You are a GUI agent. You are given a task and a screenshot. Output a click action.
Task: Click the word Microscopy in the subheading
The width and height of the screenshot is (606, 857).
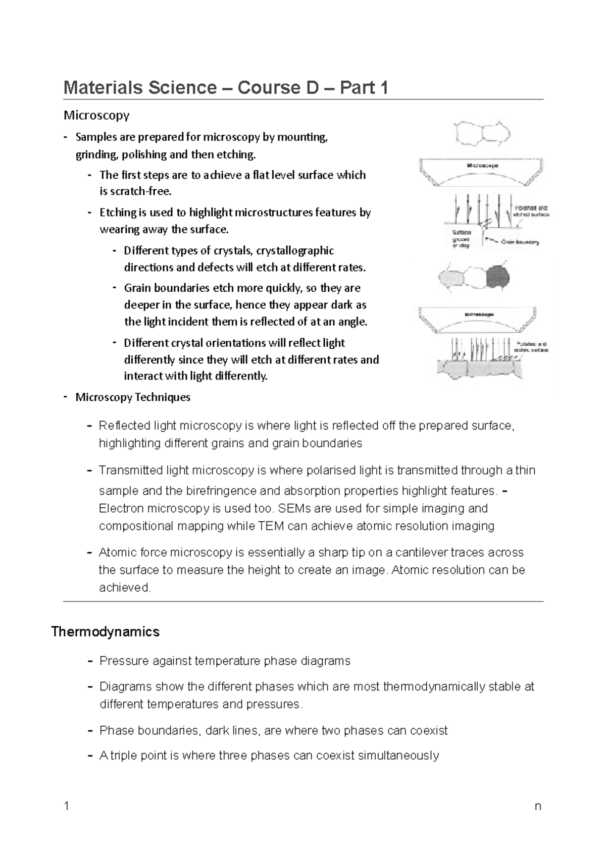coord(96,116)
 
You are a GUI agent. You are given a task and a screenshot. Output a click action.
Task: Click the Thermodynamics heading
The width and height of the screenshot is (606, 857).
coord(106,632)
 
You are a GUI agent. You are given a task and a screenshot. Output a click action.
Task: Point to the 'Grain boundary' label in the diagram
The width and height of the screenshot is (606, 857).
coord(520,242)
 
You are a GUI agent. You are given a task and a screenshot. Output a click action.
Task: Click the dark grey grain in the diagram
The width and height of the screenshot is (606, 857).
coord(497,277)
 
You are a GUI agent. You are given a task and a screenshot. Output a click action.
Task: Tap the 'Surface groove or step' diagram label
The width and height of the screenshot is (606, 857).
coord(461,239)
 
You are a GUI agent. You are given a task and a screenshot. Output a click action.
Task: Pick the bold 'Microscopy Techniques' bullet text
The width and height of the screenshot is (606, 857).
coord(133,397)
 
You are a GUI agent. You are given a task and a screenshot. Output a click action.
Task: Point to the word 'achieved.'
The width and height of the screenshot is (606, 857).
coord(125,587)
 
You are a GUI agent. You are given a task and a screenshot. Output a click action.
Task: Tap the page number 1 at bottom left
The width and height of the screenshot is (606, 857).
coord(66,806)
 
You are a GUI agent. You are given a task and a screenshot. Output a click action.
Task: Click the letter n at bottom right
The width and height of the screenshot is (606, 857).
coord(538,806)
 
